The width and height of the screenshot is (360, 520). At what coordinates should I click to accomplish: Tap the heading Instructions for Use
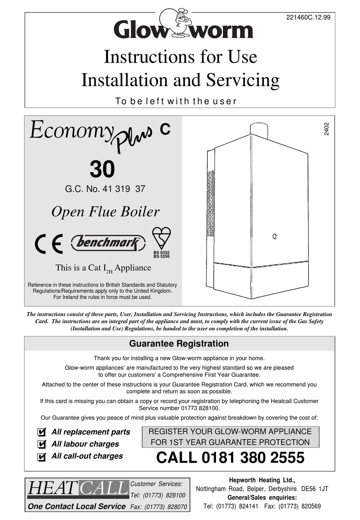click(x=180, y=57)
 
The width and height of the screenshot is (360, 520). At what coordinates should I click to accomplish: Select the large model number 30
click(x=102, y=169)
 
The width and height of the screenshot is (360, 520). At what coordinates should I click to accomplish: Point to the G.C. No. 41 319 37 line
click(x=105, y=189)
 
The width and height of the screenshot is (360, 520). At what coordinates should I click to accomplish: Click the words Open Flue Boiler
click(x=105, y=212)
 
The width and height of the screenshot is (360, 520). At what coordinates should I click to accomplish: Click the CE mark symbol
click(x=49, y=244)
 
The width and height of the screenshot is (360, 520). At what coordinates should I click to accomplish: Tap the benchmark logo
click(x=108, y=243)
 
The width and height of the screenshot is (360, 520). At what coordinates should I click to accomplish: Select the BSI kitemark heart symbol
click(x=161, y=239)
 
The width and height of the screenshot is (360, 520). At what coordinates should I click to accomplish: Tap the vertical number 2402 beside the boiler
click(x=326, y=129)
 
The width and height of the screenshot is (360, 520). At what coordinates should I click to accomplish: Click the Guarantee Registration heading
click(x=179, y=344)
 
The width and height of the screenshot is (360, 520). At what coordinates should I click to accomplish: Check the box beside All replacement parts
click(x=42, y=432)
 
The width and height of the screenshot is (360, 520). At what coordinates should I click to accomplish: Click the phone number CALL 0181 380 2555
click(x=230, y=457)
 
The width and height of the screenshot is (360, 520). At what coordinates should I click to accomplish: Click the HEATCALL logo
click(x=77, y=489)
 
